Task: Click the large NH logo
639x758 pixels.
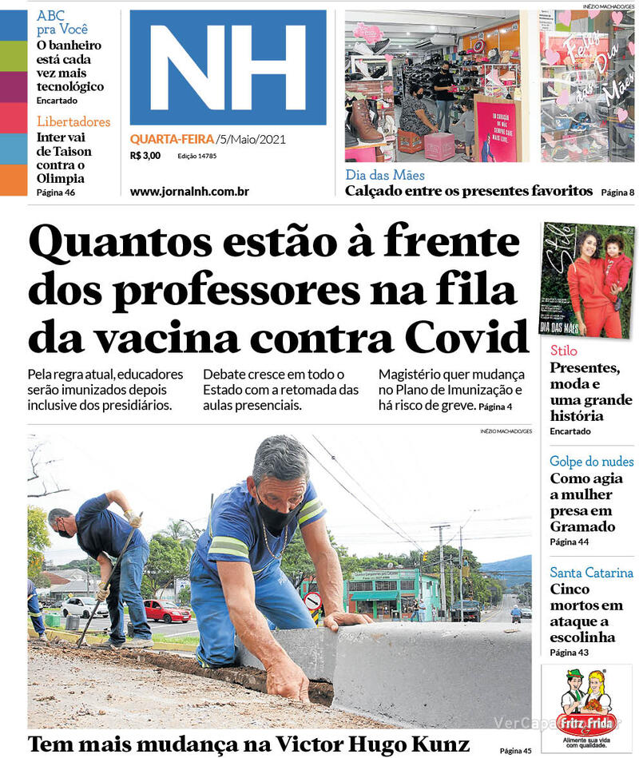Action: point(228,67)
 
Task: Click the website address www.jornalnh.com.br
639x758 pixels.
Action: point(189,192)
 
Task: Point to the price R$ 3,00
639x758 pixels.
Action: point(145,156)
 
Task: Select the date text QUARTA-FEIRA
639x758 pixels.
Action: point(172,140)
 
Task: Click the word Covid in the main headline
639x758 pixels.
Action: point(466,337)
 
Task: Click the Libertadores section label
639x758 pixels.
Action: point(73,122)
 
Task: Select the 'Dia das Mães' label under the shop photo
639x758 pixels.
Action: point(385,175)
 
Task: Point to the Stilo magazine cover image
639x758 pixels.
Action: point(587,280)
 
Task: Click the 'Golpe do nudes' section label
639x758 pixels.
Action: point(591,462)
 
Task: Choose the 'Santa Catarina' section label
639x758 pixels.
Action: point(591,573)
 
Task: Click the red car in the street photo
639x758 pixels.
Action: point(166,612)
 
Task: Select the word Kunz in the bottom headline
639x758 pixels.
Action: point(438,744)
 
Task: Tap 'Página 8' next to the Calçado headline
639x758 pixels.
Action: point(617,192)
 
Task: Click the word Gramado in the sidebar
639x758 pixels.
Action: point(582,526)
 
